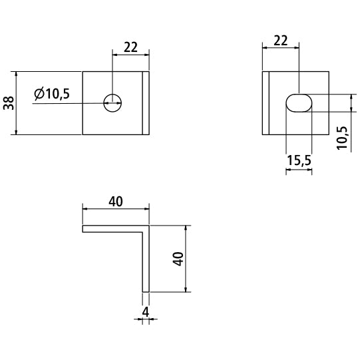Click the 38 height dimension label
[9, 103]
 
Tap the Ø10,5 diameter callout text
[52, 94]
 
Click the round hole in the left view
[112, 103]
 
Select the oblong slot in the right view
[299, 103]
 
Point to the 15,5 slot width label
[299, 160]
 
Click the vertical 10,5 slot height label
[342, 138]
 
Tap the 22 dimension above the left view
[130, 47]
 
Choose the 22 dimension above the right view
[281, 41]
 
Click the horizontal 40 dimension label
[116, 202]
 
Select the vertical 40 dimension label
[178, 259]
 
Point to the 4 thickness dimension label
[146, 312]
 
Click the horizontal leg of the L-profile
[112, 229]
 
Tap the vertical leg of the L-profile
[146, 259]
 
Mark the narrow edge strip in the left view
[146, 103]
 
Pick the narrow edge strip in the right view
[266, 103]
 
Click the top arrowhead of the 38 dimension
[16, 74]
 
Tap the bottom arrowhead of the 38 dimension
[16, 132]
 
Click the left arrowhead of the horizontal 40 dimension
[85, 209]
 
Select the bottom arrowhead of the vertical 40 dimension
[186, 289]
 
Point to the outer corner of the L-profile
[149, 226]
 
